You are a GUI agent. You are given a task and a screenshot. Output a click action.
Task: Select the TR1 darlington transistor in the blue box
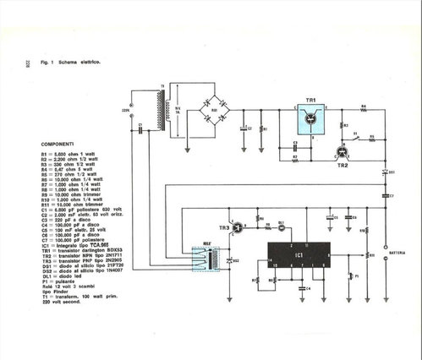coord(310,121)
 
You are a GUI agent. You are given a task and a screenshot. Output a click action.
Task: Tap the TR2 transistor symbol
coord(342,153)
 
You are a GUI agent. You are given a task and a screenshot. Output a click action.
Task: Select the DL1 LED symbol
coord(282,226)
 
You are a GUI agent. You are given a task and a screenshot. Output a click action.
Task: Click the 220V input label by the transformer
coord(126,110)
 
